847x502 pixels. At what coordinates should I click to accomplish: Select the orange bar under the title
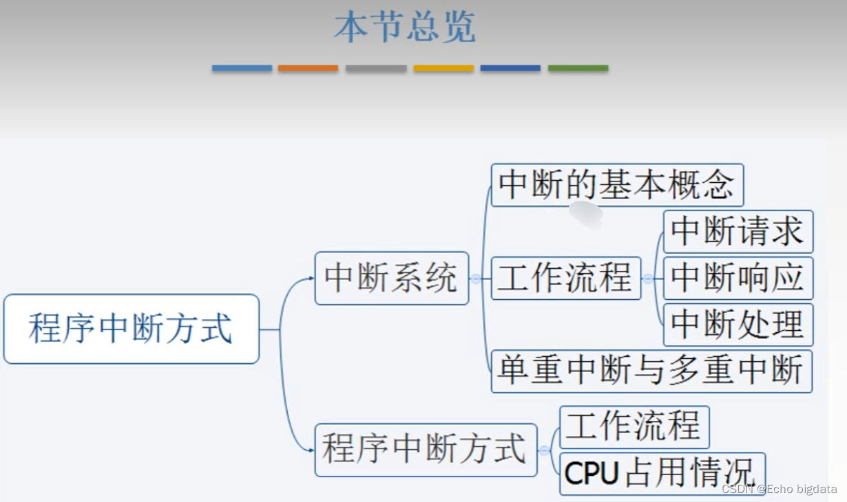point(308,68)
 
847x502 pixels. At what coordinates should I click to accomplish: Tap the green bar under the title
point(578,68)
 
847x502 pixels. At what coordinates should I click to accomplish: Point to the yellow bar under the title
point(443,68)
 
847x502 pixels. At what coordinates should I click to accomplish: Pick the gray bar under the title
point(376,68)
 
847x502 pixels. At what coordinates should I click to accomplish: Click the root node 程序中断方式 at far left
point(131,329)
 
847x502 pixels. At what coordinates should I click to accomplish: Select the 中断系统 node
point(391,278)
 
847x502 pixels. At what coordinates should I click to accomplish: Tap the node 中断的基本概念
point(617,184)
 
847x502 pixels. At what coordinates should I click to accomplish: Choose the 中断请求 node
point(738,231)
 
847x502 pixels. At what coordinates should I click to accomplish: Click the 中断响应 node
point(738,278)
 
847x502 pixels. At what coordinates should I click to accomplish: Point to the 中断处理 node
point(738,325)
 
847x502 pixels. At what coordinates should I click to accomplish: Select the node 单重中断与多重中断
point(651,371)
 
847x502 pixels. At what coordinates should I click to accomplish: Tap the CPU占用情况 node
point(662,473)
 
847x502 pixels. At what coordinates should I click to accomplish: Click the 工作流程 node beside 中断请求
point(565,278)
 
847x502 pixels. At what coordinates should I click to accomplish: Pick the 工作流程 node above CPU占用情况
point(634,426)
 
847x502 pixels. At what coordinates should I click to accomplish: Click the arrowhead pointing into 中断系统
point(311,279)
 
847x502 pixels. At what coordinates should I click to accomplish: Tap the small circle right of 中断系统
point(475,279)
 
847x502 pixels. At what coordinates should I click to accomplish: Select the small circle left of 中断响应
point(648,279)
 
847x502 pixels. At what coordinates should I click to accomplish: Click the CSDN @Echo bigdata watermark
point(779,489)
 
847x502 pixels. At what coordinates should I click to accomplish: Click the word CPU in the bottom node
point(590,474)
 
